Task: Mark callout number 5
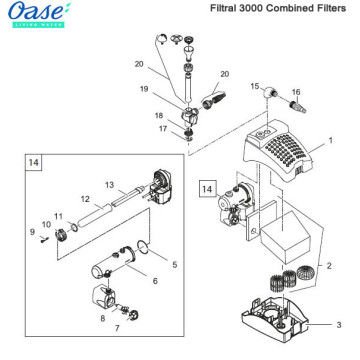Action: (x=174, y=265)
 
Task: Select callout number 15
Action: (x=255, y=87)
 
